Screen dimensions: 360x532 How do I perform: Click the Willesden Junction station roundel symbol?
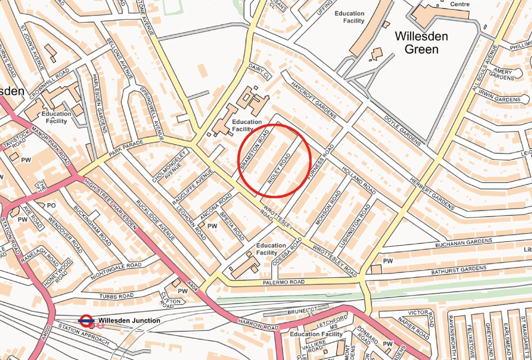tap(86, 321)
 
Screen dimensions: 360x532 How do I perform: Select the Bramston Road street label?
tap(255, 149)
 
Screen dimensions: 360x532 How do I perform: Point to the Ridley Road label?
tap(279, 168)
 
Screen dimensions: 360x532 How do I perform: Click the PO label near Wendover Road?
tap(51, 206)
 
